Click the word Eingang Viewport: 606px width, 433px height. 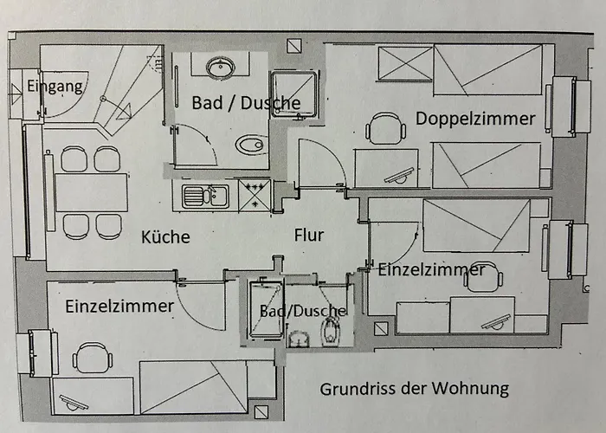(55, 86)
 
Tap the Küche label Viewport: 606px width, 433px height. (164, 236)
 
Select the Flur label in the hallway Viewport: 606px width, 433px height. (309, 234)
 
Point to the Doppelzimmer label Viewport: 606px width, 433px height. (474, 119)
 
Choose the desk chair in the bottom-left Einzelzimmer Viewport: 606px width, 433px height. (92, 358)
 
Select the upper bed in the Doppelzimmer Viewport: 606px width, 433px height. (487, 69)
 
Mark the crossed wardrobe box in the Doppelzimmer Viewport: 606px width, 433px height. (405, 63)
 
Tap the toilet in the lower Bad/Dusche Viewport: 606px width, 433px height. (332, 330)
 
